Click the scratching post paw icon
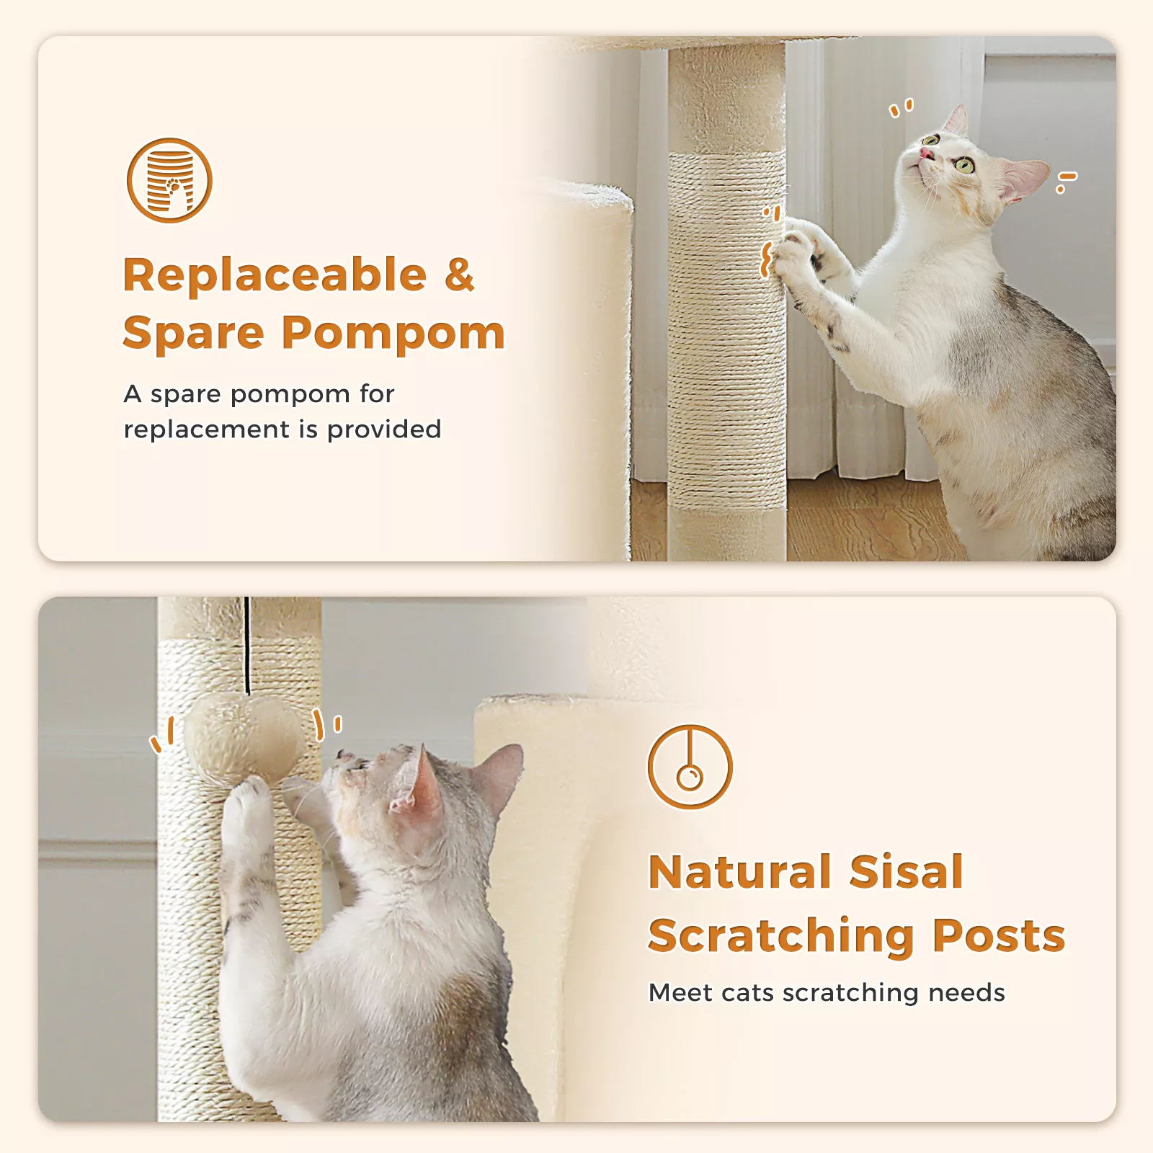169,180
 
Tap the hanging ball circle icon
690,767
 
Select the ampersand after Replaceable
460,275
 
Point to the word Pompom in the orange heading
393,334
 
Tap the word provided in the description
384,430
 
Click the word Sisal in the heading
907,872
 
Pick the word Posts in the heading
999,935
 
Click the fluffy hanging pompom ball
245,737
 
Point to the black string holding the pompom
247,645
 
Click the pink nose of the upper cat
926,153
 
